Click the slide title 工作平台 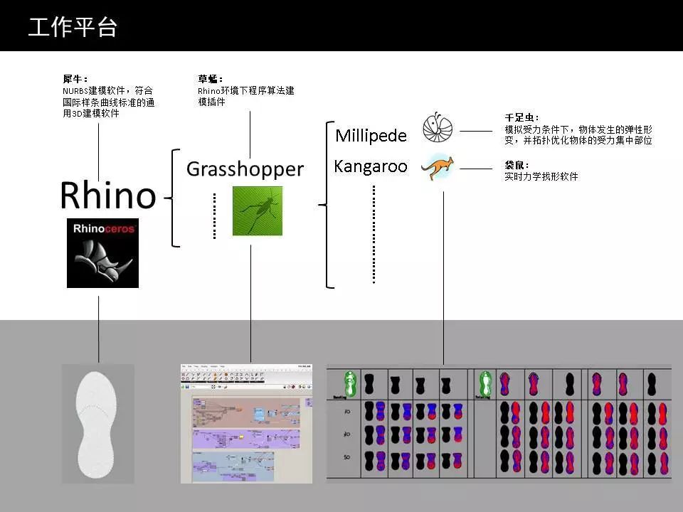[73, 27]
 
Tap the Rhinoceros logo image [102, 253]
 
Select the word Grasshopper [245, 169]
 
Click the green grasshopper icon [257, 211]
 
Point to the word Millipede [371, 136]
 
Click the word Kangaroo [371, 167]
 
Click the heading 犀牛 [75, 79]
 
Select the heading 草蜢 [211, 79]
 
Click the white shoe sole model [98, 423]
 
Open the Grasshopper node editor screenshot [246, 424]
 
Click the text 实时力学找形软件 [541, 176]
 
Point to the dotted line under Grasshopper [214, 215]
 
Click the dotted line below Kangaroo [374, 235]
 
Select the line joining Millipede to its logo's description [476, 131]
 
